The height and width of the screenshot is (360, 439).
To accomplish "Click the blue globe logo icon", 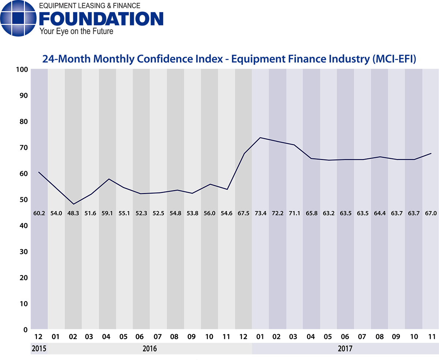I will coord(18,19).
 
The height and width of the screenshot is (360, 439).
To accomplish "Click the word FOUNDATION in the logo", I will coord(101,19).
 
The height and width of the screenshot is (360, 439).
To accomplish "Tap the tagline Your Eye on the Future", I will coord(76,31).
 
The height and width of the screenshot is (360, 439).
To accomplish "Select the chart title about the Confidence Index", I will coord(229,59).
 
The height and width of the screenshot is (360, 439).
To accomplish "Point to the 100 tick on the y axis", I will coord(23,70).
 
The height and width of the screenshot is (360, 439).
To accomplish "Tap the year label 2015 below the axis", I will coord(39,348).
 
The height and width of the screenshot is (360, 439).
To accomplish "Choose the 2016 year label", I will coord(150,348).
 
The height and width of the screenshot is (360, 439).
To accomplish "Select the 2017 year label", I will coord(345,348).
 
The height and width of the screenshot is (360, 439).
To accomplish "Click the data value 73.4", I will coord(260,213).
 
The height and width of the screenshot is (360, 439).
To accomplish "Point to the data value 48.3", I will coord(73,213).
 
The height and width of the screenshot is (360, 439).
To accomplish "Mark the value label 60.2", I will coord(39,213).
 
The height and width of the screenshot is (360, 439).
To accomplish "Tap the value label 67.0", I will coord(431,213).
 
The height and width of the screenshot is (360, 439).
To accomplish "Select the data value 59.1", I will coord(107,213).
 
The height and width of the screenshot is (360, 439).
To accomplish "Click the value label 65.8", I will coord(311,213).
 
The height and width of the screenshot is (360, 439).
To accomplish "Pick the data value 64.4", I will coord(379,213).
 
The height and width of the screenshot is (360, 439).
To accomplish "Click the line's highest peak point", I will coord(260,138).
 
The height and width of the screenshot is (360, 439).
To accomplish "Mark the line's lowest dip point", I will coord(73,204).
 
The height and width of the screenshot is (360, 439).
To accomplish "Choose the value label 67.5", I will coord(243,213).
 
